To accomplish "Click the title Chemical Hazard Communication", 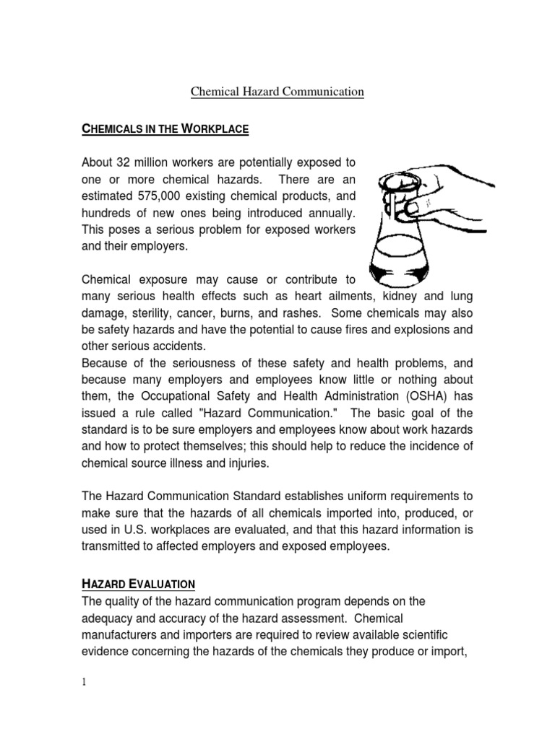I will point(277,92).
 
